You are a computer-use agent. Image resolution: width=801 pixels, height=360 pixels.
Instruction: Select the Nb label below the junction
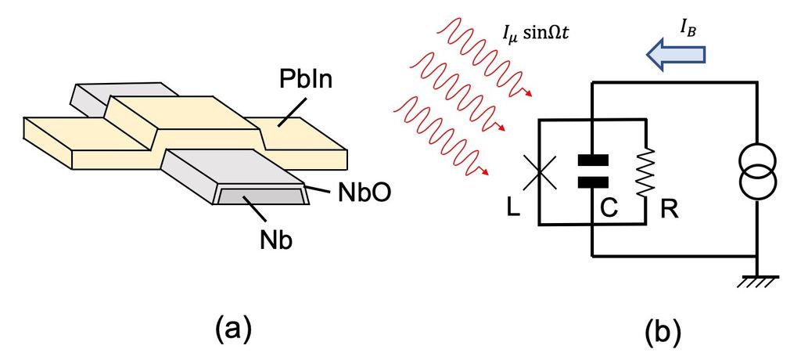point(278,239)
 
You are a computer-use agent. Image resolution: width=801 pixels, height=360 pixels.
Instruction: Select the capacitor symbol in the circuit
point(593,171)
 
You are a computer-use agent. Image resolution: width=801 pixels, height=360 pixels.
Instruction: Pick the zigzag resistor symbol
point(646,172)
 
